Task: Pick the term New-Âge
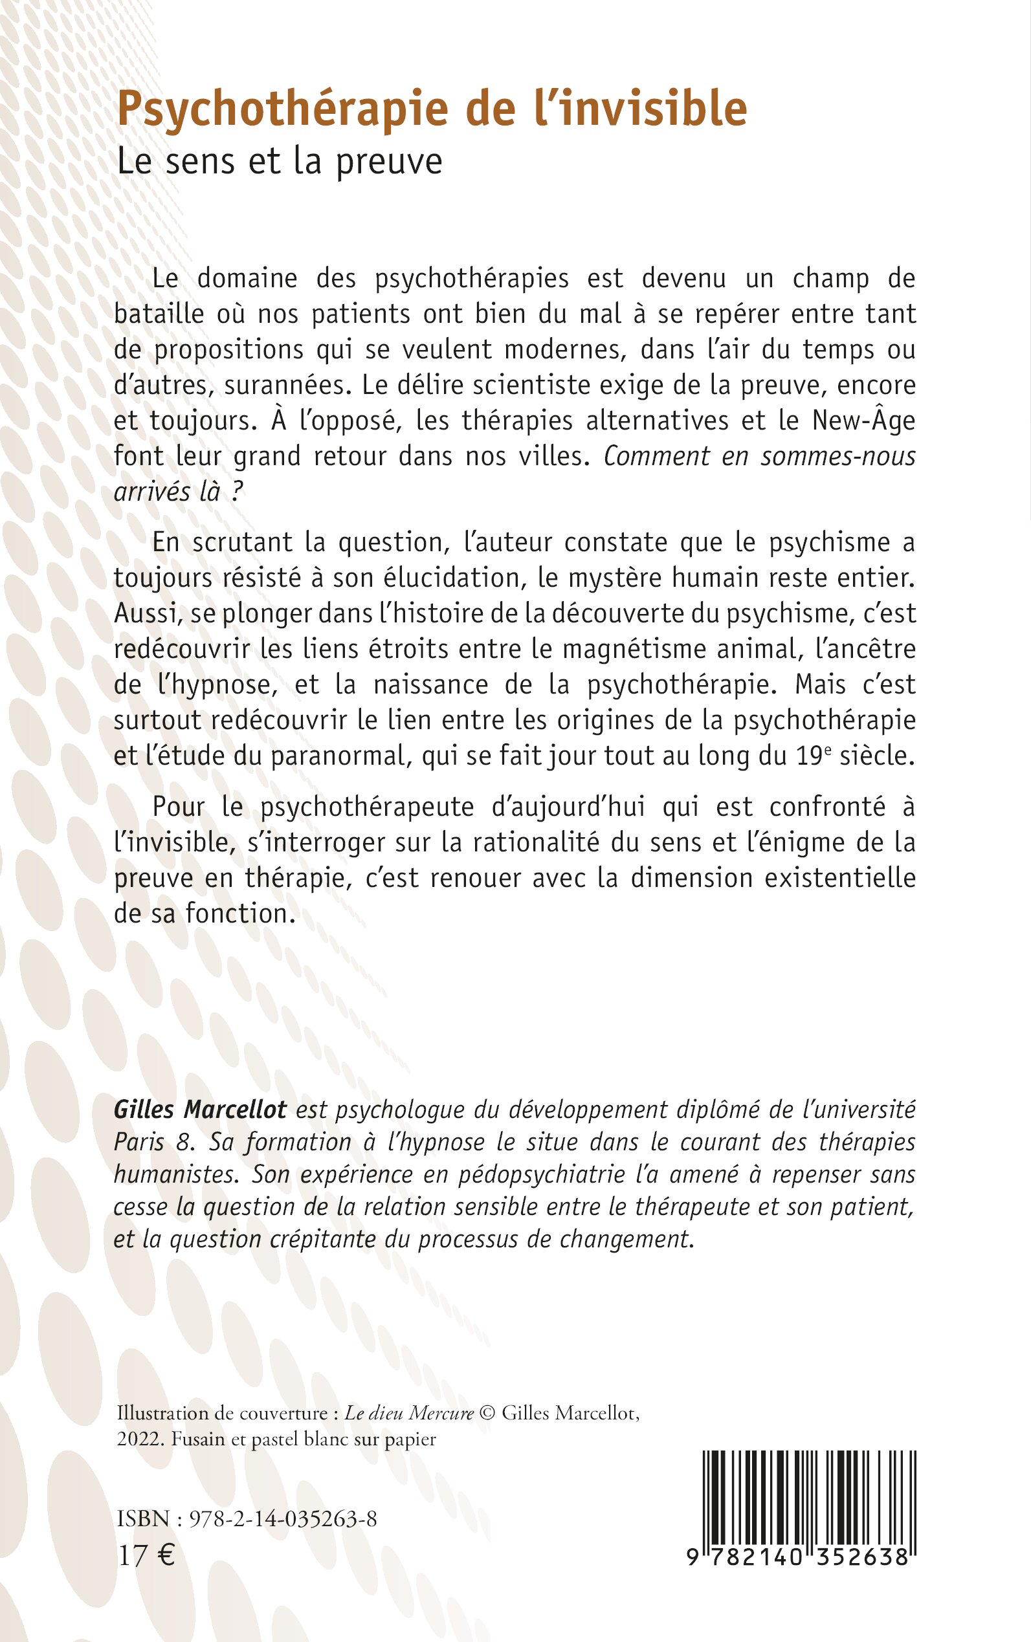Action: (x=863, y=421)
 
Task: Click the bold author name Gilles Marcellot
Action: (x=201, y=1110)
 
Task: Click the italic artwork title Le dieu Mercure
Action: (x=409, y=1413)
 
